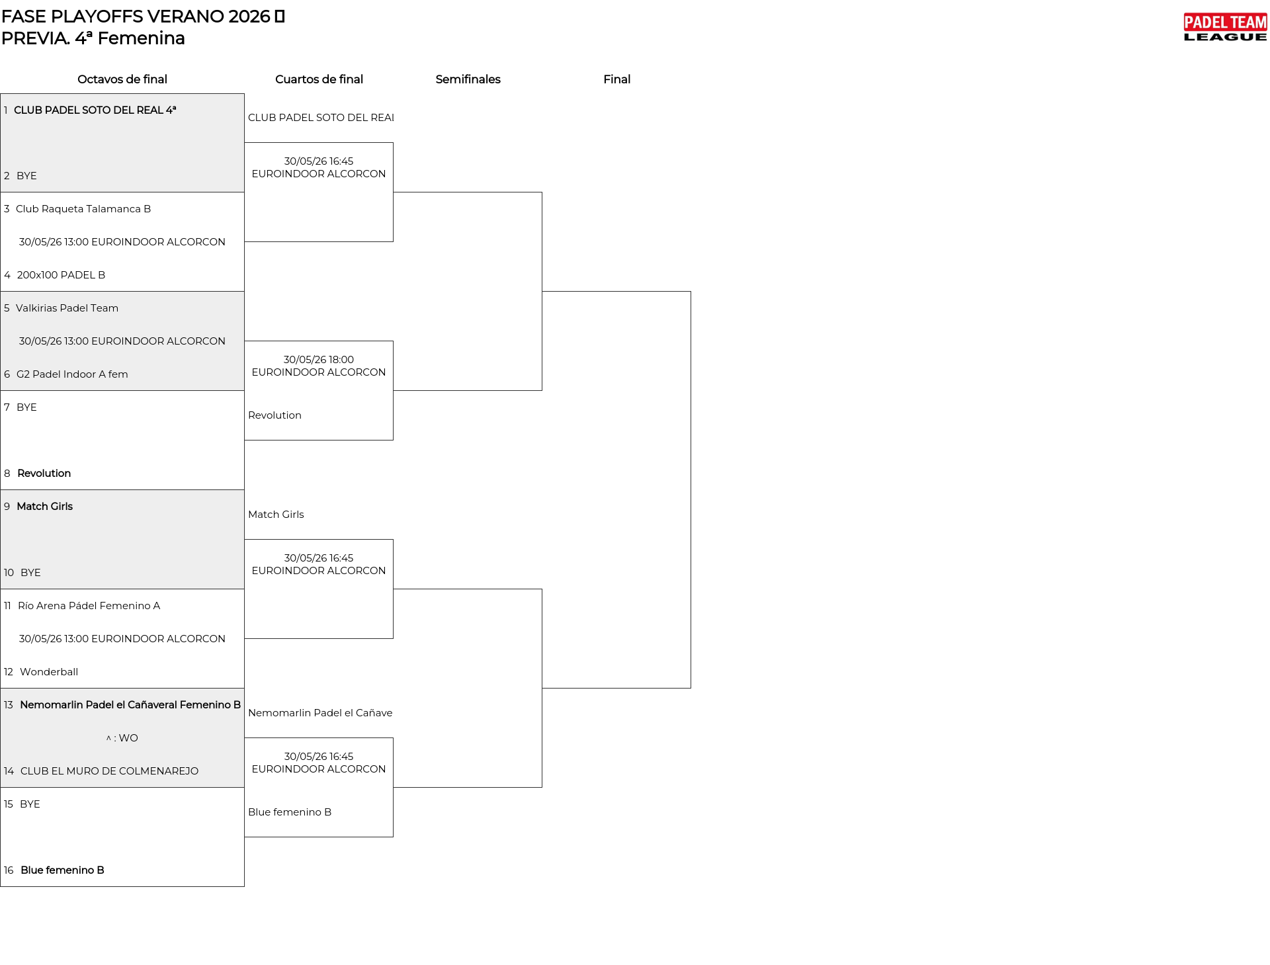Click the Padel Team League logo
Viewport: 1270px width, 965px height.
(x=1225, y=27)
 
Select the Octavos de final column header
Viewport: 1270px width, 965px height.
(x=122, y=79)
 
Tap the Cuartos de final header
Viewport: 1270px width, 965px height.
(x=319, y=79)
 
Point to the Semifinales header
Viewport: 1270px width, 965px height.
(x=468, y=79)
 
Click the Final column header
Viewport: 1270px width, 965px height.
(x=616, y=79)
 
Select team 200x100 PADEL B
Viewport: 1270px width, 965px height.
(x=61, y=275)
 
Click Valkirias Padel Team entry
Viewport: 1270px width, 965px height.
(x=67, y=308)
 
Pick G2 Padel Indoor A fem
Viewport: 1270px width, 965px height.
(x=72, y=374)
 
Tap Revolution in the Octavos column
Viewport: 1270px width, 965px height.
(x=44, y=474)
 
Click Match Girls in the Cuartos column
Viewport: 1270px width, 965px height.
(x=276, y=515)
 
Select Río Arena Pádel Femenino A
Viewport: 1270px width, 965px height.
(x=89, y=606)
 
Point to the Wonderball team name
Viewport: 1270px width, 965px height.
(x=49, y=672)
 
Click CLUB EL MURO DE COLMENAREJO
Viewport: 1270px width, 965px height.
(x=109, y=771)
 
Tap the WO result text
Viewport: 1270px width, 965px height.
(x=128, y=738)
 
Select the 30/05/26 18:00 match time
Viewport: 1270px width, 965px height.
(x=319, y=360)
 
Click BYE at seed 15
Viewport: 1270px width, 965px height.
(x=30, y=804)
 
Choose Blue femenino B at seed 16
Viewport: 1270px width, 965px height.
(x=62, y=870)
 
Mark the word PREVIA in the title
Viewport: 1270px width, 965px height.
(x=34, y=38)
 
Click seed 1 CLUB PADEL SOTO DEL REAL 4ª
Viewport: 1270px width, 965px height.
(x=95, y=110)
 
